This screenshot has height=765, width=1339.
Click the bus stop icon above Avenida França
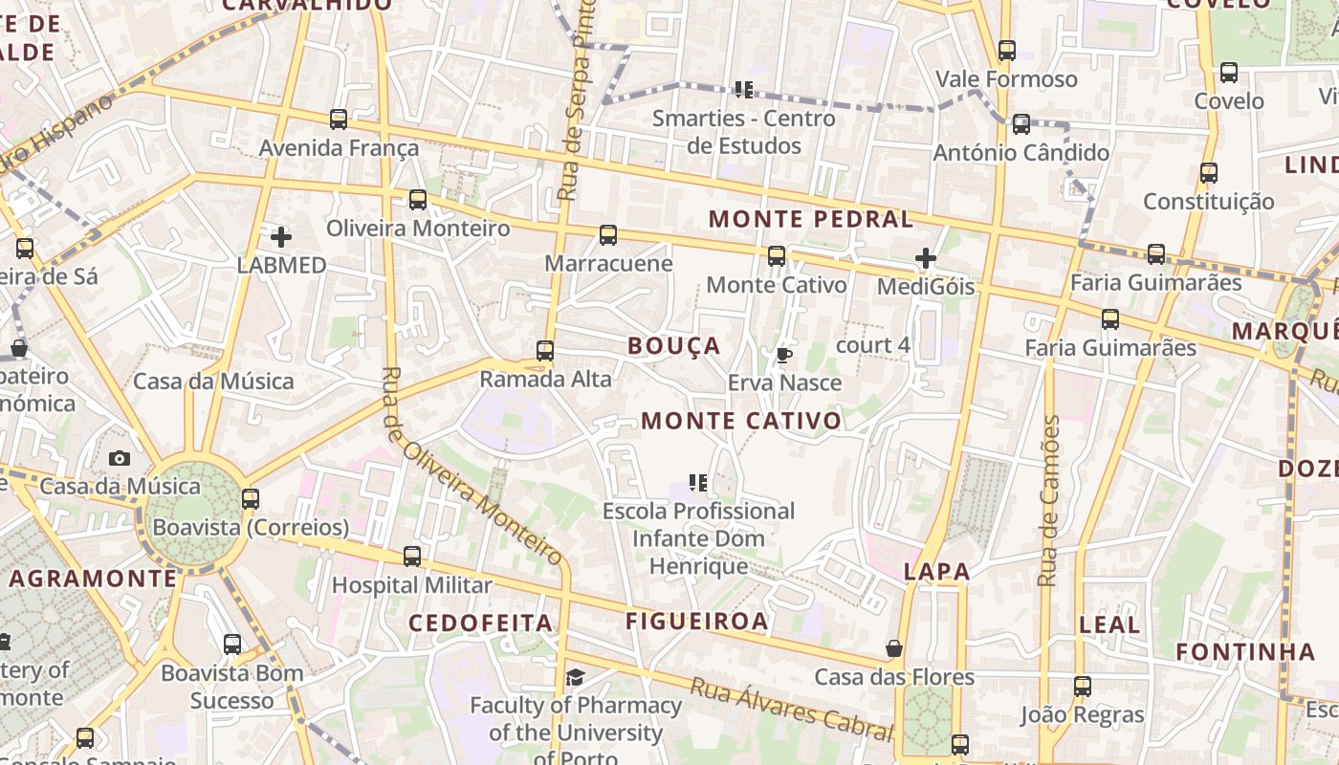pos(339,120)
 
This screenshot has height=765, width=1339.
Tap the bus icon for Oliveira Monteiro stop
pos(418,200)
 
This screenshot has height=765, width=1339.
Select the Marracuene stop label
pos(608,263)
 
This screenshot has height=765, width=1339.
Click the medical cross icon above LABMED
pos(281,236)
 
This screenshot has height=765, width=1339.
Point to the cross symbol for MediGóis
pos(925,258)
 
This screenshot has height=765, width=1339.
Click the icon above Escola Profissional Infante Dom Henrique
pos(698,483)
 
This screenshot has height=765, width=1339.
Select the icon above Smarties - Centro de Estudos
pos(743,90)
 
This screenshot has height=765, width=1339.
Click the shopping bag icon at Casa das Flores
pos(894,649)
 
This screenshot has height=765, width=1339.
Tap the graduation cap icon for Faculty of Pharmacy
pos(575,678)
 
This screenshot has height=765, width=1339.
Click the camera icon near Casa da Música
pos(120,459)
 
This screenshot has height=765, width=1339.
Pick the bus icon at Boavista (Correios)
pos(251,499)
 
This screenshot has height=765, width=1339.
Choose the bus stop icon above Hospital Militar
pos(412,557)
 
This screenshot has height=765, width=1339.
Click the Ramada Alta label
pos(545,379)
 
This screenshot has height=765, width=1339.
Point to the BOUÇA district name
pos(674,346)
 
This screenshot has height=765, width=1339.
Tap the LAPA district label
pos(936,572)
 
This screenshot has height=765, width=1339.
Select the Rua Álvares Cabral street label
pos(792,709)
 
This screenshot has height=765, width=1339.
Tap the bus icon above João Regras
pos(1083,687)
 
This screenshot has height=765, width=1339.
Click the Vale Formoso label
pos(1006,78)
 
